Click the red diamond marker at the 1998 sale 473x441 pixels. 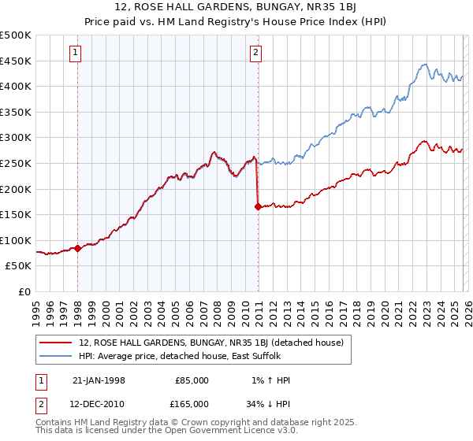[x=78, y=248]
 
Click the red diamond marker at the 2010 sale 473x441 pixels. [x=258, y=207]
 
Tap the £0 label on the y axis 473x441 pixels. [x=25, y=291]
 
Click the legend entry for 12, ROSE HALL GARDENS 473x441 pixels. [x=210, y=343]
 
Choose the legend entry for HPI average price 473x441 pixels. [x=196, y=357]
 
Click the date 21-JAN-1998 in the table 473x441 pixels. [x=99, y=380]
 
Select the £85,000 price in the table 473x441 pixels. [x=192, y=380]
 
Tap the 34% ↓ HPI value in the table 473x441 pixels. [x=267, y=403]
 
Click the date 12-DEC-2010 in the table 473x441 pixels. [x=99, y=403]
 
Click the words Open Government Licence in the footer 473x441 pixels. [x=222, y=432]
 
